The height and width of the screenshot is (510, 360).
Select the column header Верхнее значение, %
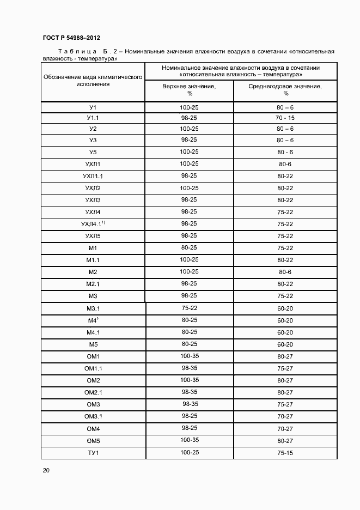189,89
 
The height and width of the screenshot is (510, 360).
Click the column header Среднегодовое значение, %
285,89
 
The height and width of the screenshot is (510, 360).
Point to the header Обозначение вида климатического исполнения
93,81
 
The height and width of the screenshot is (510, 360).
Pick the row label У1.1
93,118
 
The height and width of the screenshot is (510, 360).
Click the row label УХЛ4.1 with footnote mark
93,224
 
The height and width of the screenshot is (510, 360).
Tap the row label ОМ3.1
93,416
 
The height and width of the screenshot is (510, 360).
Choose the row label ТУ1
93,453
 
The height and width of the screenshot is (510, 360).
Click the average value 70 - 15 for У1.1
285,118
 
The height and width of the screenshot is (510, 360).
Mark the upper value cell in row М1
189,247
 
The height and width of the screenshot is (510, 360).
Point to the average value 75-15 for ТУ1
285,453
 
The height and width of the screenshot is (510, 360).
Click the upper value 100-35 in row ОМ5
189,440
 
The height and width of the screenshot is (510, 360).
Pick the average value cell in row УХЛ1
285,163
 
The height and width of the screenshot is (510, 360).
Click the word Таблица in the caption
65,51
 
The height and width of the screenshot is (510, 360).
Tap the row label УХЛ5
93,236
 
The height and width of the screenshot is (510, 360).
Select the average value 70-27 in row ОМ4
285,428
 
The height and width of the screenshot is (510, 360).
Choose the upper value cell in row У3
189,139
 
